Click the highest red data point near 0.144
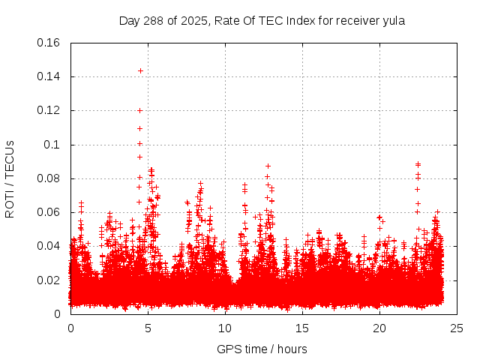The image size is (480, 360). [140, 70]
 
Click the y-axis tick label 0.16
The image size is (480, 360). [49, 43]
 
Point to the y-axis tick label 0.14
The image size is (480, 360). [49, 76]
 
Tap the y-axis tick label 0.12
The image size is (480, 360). [49, 110]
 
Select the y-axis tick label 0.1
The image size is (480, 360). [52, 145]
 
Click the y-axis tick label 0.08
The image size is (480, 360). [49, 178]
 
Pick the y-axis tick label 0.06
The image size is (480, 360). [49, 212]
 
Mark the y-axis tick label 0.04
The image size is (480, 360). [49, 246]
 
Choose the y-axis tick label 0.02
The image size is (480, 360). [49, 280]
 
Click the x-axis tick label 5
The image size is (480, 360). [148, 328]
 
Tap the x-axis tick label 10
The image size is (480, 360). [225, 328]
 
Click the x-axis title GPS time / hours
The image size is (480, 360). [262, 349]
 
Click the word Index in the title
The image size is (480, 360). [298, 21]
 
